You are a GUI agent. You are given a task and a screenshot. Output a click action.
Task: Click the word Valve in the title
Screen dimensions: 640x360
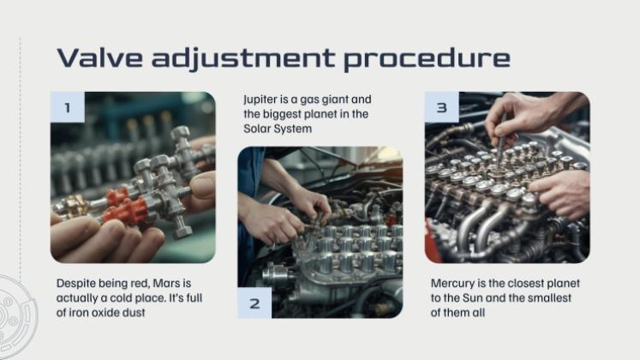pos(100,57)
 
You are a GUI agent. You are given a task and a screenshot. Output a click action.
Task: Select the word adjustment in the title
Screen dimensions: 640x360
pos(243,59)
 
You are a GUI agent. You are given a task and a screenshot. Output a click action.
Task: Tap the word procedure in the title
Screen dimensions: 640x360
pos(427,59)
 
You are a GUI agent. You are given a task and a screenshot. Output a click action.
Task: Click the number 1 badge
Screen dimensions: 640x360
pos(68,107)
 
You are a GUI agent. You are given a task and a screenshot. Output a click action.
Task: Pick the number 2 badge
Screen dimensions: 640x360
pos(254,303)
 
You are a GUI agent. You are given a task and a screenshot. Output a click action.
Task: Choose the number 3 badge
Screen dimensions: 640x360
pos(441,107)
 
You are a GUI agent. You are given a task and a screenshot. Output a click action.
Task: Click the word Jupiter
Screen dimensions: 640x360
pos(260,100)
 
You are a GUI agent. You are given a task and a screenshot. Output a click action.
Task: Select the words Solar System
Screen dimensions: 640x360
pos(278,129)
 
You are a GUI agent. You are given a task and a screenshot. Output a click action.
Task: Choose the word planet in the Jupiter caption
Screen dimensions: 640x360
pos(323,115)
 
